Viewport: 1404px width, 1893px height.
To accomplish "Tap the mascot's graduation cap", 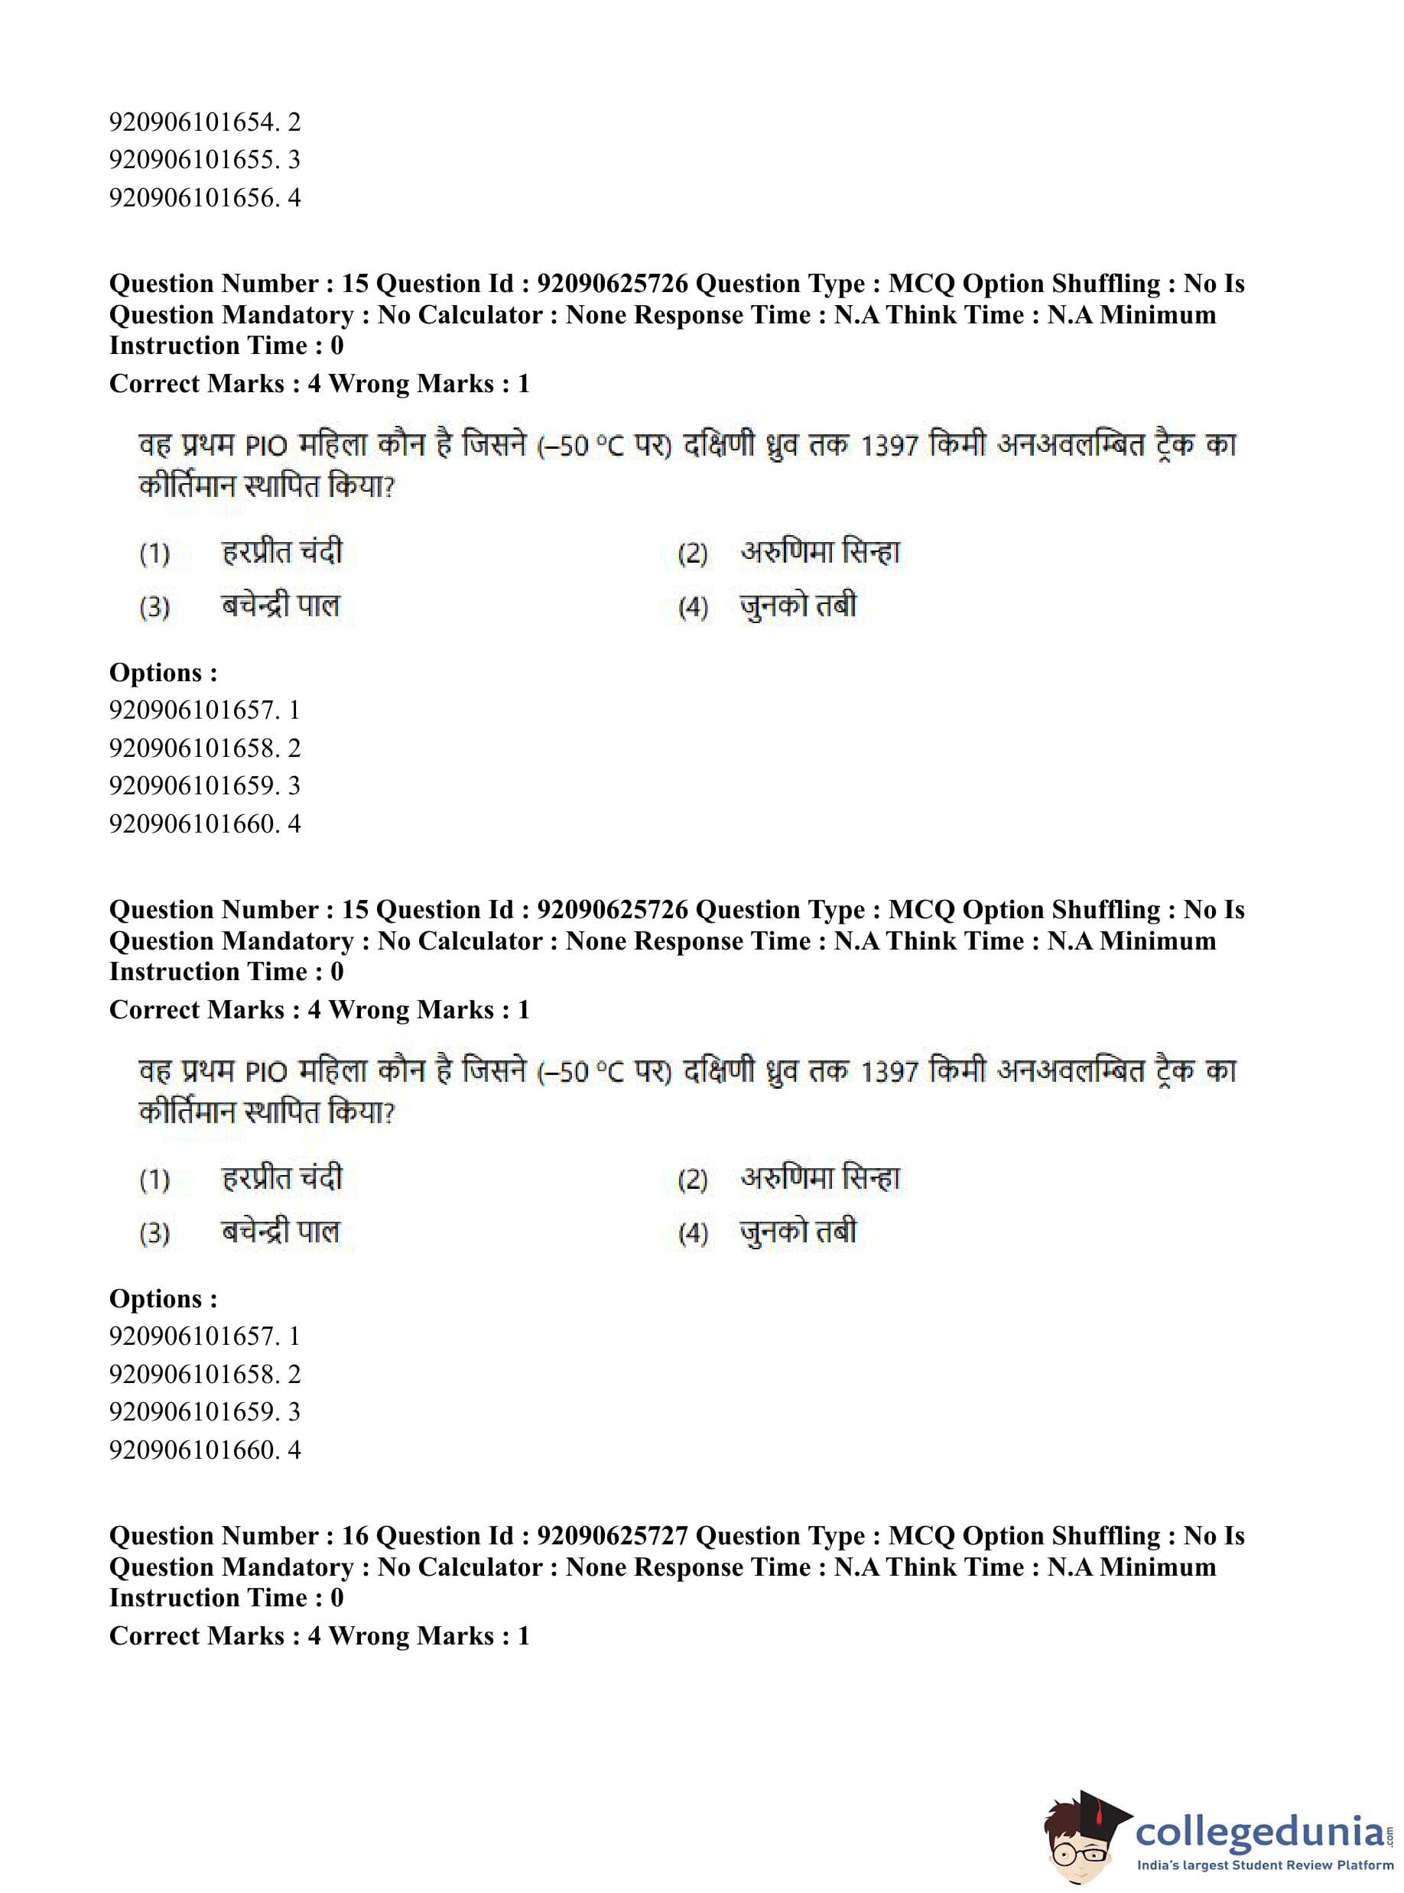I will pos(1097,1806).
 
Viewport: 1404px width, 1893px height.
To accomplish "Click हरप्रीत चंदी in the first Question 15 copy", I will pos(281,553).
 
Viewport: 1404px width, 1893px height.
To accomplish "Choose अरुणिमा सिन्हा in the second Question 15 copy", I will pos(819,1178).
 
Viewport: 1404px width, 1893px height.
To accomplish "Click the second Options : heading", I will pos(163,1298).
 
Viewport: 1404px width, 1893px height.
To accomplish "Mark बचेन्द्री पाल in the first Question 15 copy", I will pos(281,606).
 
